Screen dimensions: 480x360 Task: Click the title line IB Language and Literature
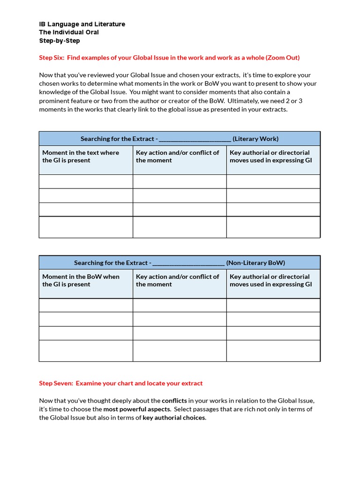[82, 24]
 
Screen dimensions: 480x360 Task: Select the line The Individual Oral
[69, 32]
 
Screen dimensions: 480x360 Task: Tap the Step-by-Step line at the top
[60, 41]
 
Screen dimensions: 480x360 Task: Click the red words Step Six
[52, 58]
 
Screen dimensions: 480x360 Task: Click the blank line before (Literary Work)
[195, 139]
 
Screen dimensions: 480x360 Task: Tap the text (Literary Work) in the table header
[255, 139]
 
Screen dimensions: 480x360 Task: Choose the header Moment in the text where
[81, 152]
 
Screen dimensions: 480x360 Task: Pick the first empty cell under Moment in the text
[86, 181]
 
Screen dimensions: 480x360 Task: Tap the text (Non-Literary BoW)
[255, 263]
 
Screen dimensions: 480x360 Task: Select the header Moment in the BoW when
[81, 277]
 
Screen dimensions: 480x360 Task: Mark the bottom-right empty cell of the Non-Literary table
[273, 351]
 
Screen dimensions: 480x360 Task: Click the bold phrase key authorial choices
[174, 418]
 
